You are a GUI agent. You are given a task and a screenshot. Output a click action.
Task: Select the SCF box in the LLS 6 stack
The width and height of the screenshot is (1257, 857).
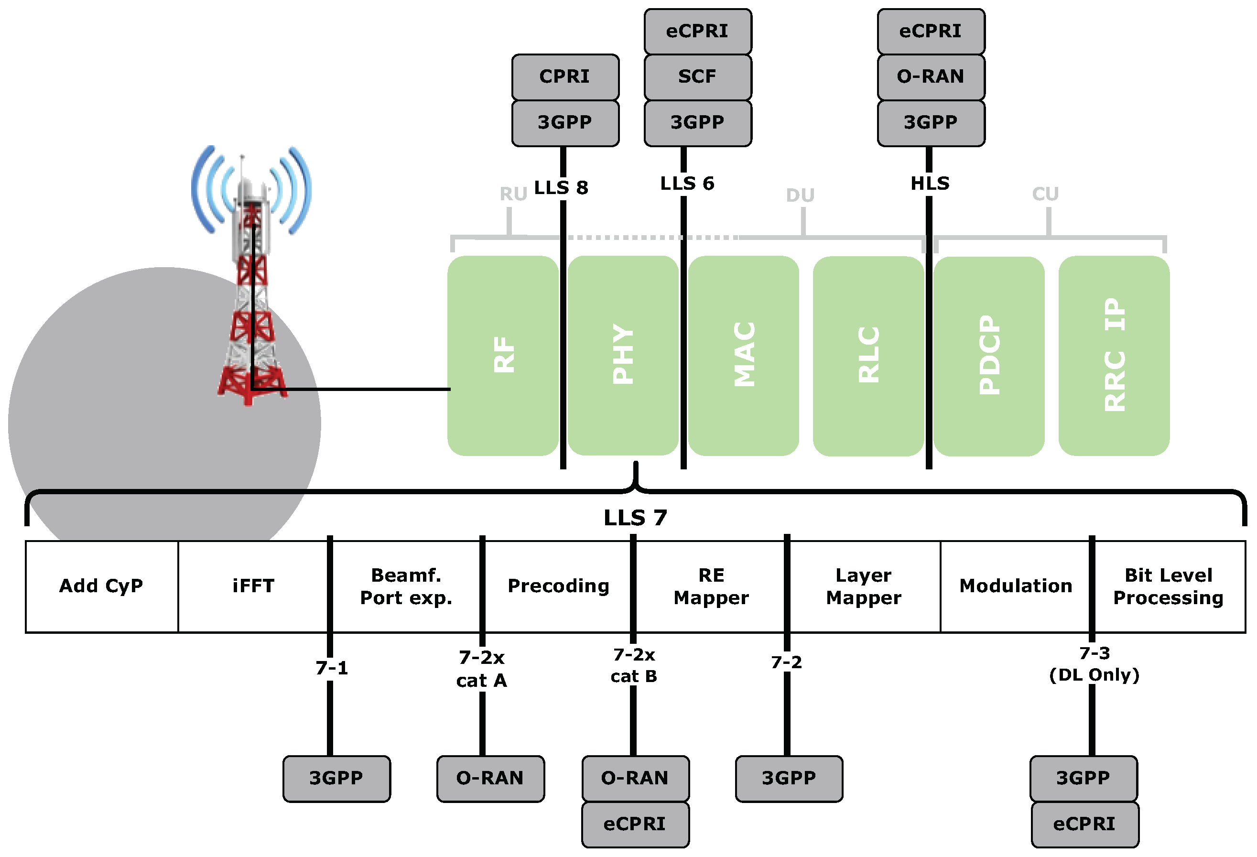click(x=698, y=77)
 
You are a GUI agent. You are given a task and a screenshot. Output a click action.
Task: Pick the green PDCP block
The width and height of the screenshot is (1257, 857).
click(x=989, y=356)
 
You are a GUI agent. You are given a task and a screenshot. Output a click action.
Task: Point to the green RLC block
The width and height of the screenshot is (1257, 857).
click(x=868, y=356)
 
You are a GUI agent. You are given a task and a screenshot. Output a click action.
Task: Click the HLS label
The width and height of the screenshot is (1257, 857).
click(x=930, y=184)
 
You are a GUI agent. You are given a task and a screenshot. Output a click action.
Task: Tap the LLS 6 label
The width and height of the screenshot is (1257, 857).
click(x=687, y=184)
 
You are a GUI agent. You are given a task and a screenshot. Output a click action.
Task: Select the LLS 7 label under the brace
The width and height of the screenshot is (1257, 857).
click(x=636, y=518)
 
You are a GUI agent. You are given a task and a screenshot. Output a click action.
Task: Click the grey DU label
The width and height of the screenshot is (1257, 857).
click(x=800, y=195)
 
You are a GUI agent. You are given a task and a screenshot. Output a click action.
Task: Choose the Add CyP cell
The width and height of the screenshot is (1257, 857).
click(x=102, y=586)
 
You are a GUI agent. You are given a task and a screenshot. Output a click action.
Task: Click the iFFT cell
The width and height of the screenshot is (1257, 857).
click(x=253, y=586)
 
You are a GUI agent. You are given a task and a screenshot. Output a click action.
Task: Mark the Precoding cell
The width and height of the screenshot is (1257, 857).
click(x=558, y=586)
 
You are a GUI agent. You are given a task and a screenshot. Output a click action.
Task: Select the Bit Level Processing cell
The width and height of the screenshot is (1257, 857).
click(x=1168, y=586)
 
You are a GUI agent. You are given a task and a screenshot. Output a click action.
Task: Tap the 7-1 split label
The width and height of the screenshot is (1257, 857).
click(x=332, y=668)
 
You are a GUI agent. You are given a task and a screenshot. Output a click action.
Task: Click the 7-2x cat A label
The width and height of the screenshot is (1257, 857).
click(x=481, y=669)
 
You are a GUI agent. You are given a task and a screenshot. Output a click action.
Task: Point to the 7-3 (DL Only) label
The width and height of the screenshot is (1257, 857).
click(x=1094, y=664)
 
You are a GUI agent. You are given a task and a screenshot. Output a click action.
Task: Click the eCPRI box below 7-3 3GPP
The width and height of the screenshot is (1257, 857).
click(x=1084, y=824)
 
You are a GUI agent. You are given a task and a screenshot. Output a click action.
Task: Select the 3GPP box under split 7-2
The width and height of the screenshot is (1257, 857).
click(x=789, y=778)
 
